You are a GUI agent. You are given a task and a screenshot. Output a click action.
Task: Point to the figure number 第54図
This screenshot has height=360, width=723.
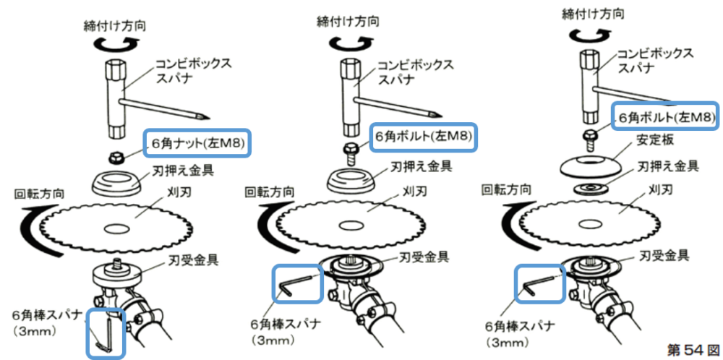click(693, 349)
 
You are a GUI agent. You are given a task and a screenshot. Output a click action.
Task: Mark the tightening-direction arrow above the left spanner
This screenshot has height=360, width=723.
click(116, 45)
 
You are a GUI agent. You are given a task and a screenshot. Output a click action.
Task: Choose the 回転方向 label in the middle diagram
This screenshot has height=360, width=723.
click(269, 193)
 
